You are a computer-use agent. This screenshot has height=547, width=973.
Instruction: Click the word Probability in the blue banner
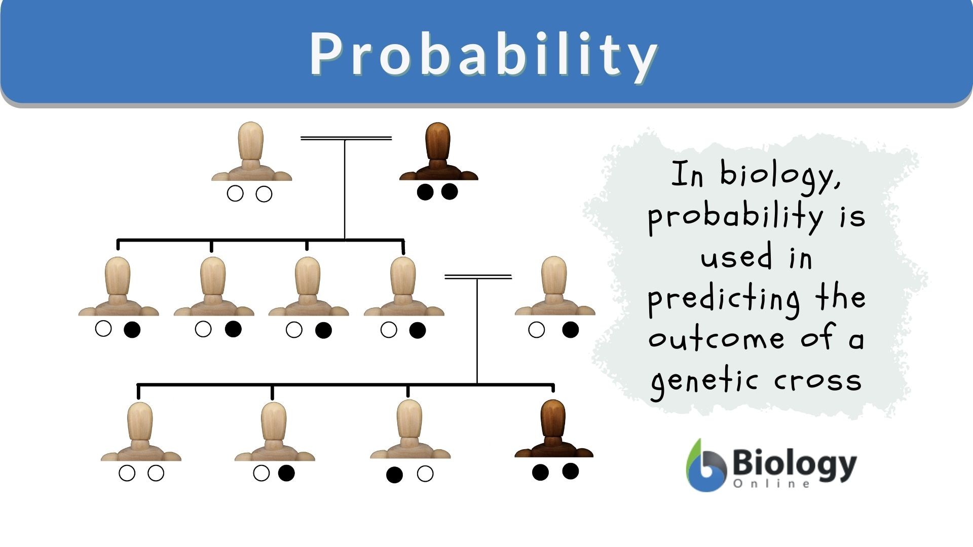tap(483, 55)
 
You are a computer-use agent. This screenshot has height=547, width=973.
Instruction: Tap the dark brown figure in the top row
tap(439, 151)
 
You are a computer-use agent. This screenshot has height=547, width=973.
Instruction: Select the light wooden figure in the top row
tap(251, 151)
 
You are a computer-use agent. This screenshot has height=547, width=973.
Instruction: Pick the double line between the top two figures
tap(346, 138)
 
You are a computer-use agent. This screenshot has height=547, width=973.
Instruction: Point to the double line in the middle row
tap(478, 277)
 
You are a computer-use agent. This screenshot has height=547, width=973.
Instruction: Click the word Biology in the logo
tap(795, 463)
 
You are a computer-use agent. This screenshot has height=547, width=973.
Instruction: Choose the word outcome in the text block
tap(717, 338)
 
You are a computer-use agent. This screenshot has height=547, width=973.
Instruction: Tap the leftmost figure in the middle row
tap(119, 286)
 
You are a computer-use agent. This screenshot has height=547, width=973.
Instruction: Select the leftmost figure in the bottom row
tap(141, 432)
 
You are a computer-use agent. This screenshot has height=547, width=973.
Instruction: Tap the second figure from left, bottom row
tap(275, 432)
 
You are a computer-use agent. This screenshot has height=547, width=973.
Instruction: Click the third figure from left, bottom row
tap(410, 429)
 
